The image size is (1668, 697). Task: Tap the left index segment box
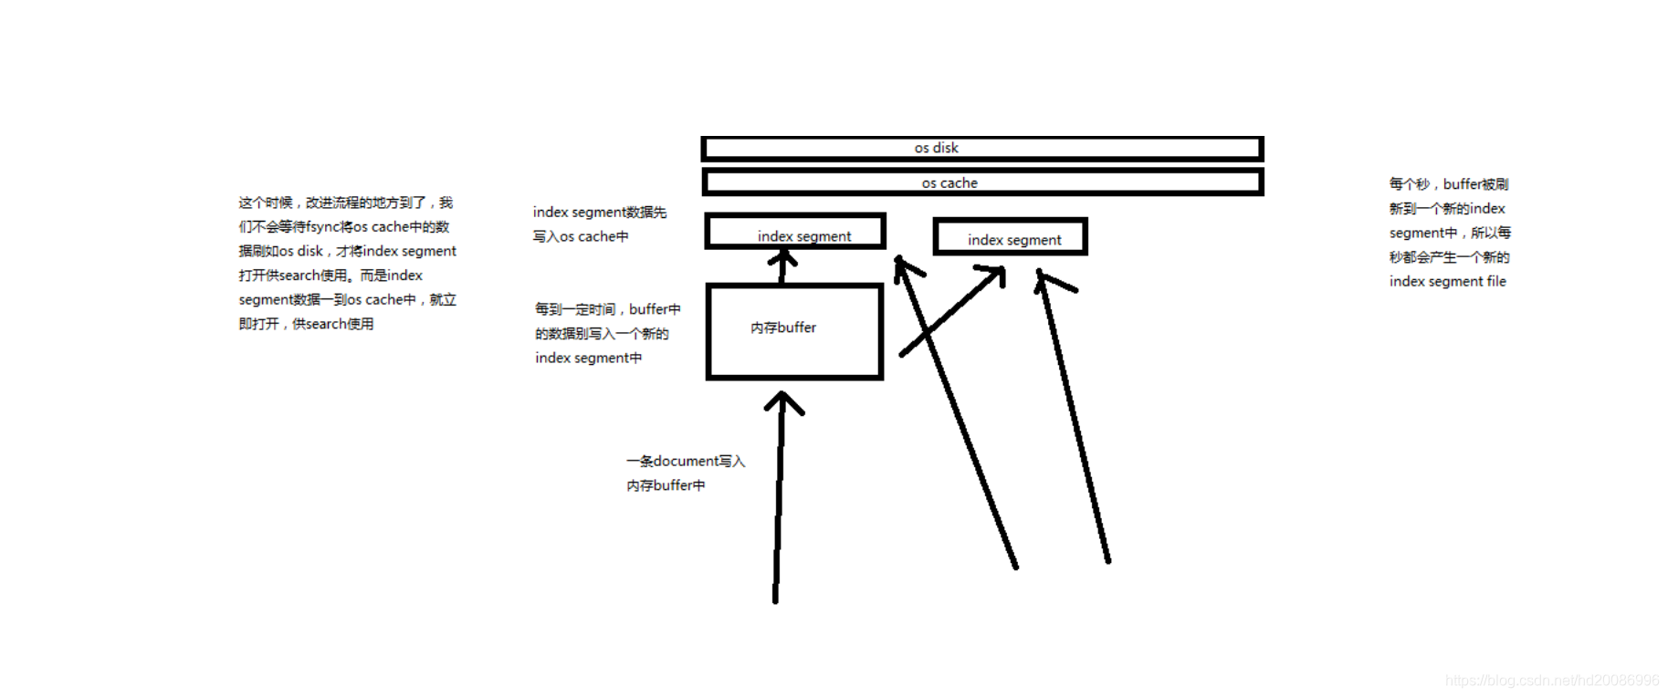click(795, 232)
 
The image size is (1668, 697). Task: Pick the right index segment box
click(1010, 237)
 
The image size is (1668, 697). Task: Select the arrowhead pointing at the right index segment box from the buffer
click(995, 274)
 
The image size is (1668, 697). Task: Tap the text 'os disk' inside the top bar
click(936, 148)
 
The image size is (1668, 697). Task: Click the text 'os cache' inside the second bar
click(949, 183)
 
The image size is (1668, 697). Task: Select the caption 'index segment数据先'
click(600, 213)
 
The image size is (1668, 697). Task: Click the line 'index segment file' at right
click(1447, 282)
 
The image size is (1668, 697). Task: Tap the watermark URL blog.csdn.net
click(1552, 681)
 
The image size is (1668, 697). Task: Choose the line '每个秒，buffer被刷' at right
click(1448, 184)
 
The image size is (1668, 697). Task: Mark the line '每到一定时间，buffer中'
click(607, 310)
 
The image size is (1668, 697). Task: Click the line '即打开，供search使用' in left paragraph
click(306, 324)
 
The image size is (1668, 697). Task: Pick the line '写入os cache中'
click(581, 237)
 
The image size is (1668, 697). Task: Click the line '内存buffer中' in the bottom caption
click(666, 486)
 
